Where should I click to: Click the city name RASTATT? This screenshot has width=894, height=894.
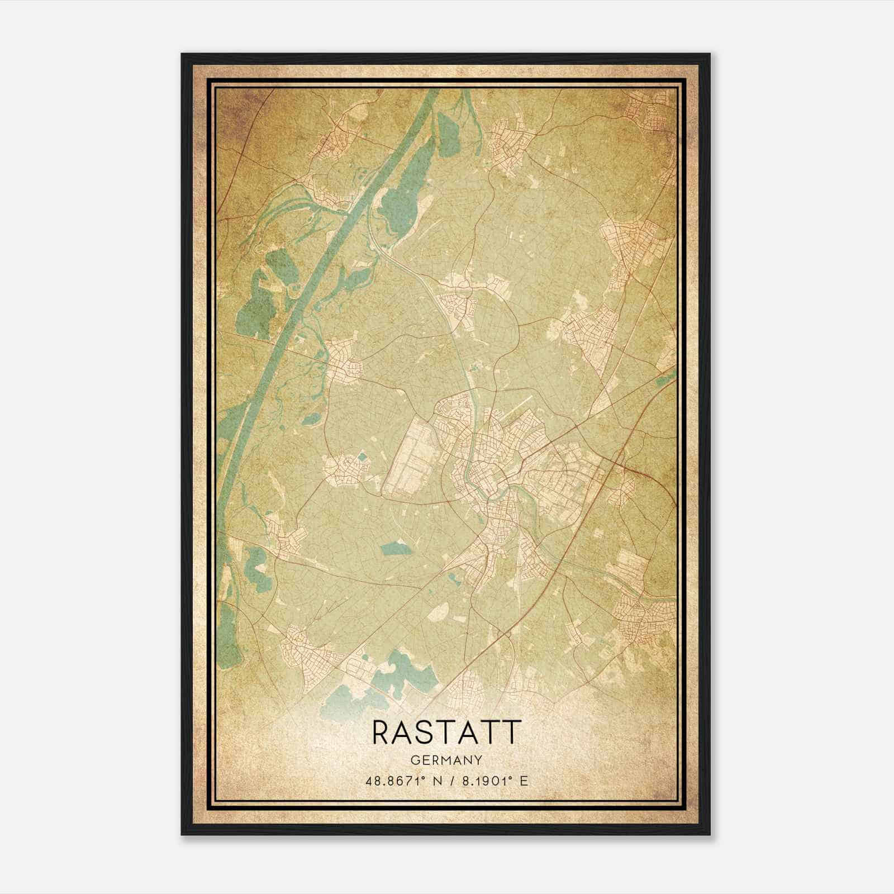(x=446, y=732)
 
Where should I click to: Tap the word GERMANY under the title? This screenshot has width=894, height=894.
(x=446, y=760)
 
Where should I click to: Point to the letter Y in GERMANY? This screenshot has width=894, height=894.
(x=478, y=760)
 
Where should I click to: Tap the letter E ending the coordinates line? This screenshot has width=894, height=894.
(x=524, y=781)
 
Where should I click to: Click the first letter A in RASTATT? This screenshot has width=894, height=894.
(x=405, y=732)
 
